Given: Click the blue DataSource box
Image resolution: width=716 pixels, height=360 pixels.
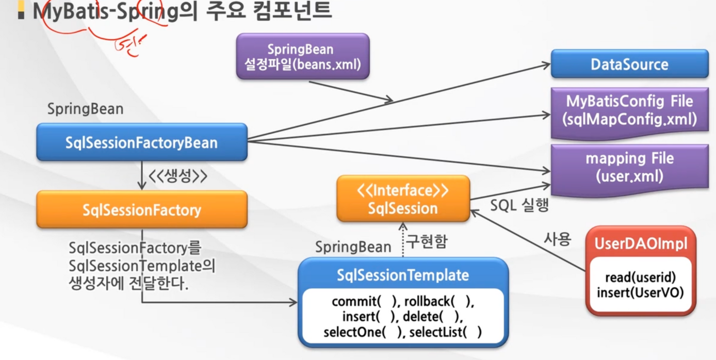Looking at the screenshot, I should pos(629,64).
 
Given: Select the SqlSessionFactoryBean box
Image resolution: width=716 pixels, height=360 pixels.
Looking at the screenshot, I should pos(141,142).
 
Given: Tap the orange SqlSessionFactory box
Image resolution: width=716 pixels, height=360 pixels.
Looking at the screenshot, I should pos(141,209).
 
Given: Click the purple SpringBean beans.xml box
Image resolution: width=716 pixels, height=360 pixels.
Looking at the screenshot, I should pos(303,57).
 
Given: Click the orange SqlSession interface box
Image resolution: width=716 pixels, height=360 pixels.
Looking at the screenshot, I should pos(403,199).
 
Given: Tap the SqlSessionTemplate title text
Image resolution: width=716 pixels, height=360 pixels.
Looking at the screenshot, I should pos(403,274).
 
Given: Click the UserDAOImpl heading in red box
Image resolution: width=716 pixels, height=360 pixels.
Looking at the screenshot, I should pos(641,243).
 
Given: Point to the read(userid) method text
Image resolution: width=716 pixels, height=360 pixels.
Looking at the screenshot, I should pos(640,277).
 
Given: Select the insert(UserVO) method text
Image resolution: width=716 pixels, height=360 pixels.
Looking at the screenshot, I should pos(640,292).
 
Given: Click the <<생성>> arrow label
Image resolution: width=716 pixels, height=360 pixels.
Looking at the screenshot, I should pos(178,176).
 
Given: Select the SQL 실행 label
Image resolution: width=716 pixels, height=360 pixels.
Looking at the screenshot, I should pos(519,205).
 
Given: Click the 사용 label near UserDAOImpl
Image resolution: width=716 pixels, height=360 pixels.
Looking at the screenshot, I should pos(557,238).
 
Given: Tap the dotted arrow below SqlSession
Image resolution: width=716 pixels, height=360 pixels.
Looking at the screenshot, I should pos(403,239).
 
